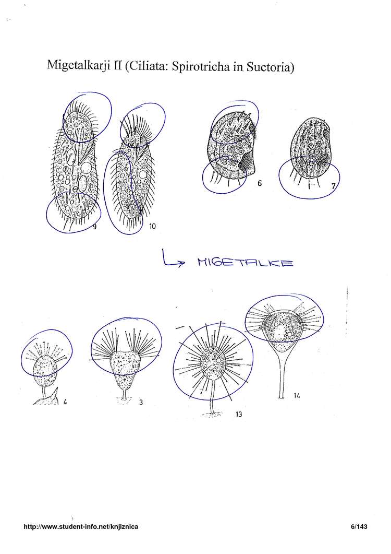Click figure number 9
pyautogui.click(x=94, y=227)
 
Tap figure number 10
pyautogui.click(x=152, y=227)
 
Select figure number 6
pyautogui.click(x=260, y=183)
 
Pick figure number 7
pyautogui.click(x=334, y=186)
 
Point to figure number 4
pyautogui.click(x=65, y=402)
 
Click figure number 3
pyautogui.click(x=141, y=402)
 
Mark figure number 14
pyautogui.click(x=297, y=396)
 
